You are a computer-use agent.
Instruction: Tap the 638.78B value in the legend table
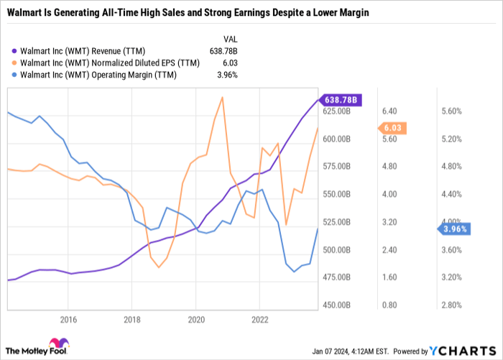coord(229,52)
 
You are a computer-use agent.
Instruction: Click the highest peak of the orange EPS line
coord(222,97)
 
